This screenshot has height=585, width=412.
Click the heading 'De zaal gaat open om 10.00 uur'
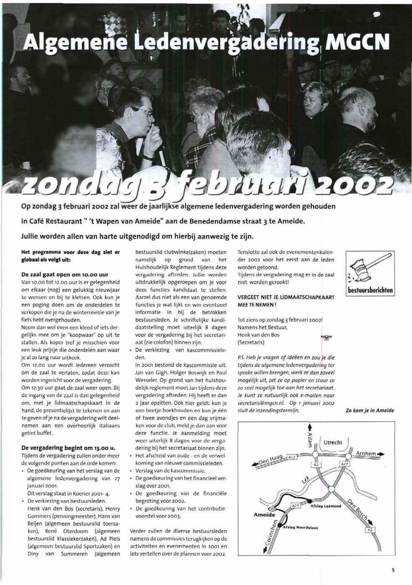click(x=65, y=274)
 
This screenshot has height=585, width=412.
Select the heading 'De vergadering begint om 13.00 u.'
click(x=68, y=448)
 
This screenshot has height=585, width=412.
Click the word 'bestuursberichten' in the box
click(x=370, y=290)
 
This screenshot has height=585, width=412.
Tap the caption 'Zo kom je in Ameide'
click(x=370, y=411)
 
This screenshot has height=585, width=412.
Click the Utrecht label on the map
click(x=333, y=442)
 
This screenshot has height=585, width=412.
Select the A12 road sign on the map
click(x=292, y=457)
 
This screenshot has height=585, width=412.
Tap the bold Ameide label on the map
click(x=264, y=515)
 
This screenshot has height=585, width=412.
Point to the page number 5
click(x=392, y=570)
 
